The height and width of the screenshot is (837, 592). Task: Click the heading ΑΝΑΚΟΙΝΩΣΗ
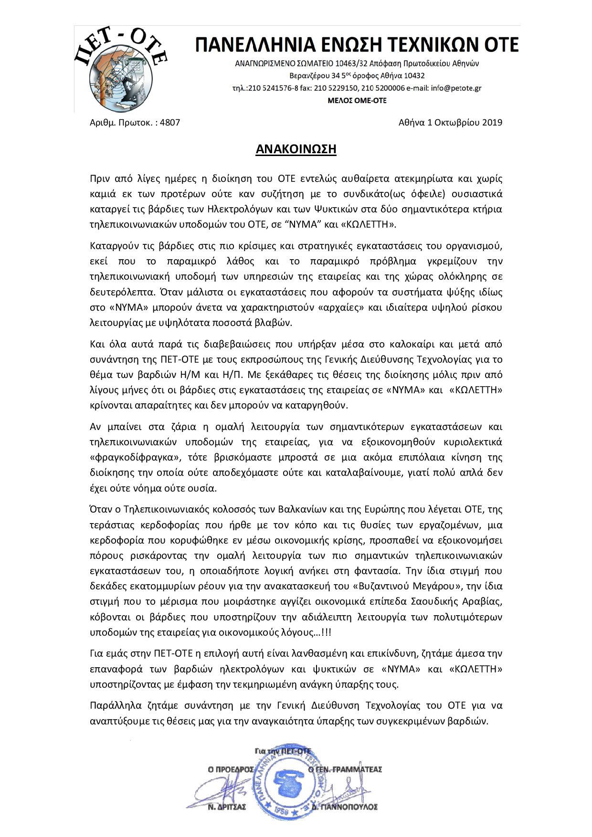pos(296,149)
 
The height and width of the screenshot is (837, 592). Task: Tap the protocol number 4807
pos(170,122)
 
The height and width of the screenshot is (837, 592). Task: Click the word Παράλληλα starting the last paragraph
pos(114,705)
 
